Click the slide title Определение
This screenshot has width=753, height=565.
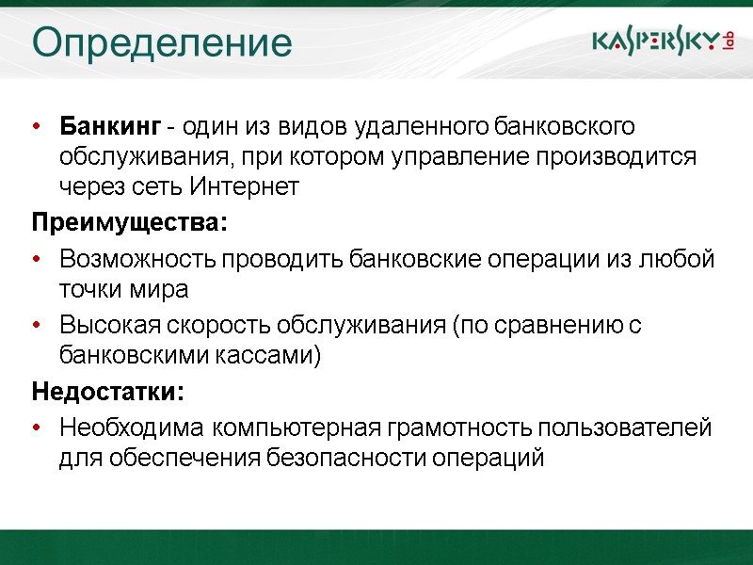pyautogui.click(x=162, y=42)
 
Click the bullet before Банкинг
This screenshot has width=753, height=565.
pyautogui.click(x=37, y=126)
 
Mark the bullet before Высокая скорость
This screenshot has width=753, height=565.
pyautogui.click(x=37, y=326)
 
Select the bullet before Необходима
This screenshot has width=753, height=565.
pyautogui.click(x=37, y=428)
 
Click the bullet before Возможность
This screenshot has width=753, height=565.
pyautogui.click(x=37, y=259)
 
